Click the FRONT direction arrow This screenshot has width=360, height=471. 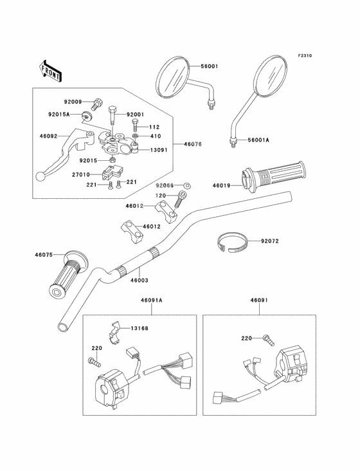tap(50, 71)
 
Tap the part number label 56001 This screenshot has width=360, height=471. tap(209, 66)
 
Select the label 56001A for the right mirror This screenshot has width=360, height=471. tap(258, 140)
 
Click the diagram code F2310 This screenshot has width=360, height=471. tap(305, 55)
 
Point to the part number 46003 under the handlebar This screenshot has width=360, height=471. tap(139, 281)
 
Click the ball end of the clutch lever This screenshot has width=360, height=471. tap(40, 176)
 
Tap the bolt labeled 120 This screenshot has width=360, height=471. tap(181, 199)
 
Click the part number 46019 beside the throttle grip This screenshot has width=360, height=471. tap(221, 186)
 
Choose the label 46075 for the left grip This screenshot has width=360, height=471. tap(44, 255)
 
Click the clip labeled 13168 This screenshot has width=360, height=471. tap(114, 334)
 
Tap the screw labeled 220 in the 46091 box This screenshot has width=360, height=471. tap(269, 340)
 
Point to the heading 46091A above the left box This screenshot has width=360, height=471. tap(152, 300)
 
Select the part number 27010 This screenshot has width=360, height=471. tap(81, 174)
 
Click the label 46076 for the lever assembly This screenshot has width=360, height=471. tap(193, 144)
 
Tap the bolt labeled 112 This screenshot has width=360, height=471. tap(135, 125)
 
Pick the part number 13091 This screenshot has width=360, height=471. tap(158, 150)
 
